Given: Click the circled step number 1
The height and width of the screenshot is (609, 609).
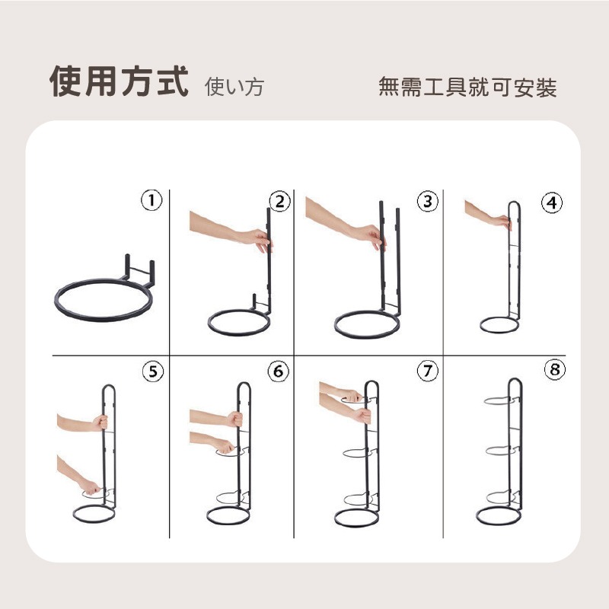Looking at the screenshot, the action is pyautogui.click(x=151, y=200).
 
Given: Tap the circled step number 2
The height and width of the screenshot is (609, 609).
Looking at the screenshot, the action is pyautogui.click(x=279, y=202).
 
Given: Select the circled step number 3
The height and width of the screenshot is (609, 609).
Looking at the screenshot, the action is pyautogui.click(x=428, y=201).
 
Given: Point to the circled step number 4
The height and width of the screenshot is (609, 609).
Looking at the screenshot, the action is pyautogui.click(x=552, y=202).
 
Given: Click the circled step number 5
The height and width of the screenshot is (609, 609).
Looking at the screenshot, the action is pyautogui.click(x=153, y=371).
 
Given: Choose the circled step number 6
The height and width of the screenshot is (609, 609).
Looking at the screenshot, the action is pyautogui.click(x=279, y=371).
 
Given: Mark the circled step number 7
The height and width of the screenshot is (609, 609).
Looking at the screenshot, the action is pyautogui.click(x=428, y=371).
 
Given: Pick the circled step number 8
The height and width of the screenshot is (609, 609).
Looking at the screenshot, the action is pyautogui.click(x=555, y=369).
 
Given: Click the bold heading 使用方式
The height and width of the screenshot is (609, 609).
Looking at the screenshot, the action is pyautogui.click(x=120, y=81).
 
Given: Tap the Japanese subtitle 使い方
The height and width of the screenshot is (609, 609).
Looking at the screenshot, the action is pyautogui.click(x=234, y=86).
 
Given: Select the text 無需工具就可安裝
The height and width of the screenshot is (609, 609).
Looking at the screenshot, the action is pyautogui.click(x=467, y=87).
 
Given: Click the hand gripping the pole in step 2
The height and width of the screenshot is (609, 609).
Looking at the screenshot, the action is pyautogui.click(x=258, y=239).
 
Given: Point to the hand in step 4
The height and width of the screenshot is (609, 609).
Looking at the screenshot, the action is pyautogui.click(x=502, y=222).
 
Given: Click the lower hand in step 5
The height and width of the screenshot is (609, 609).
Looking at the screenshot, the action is pyautogui.click(x=91, y=486).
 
